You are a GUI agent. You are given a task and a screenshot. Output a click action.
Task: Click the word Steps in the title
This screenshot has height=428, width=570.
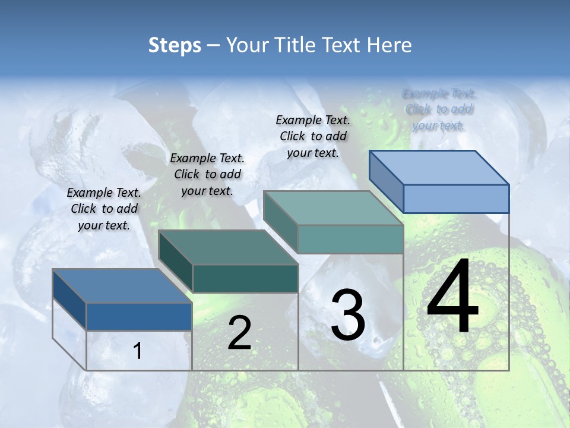click(175, 45)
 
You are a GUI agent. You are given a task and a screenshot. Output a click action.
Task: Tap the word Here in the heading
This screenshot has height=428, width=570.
click(389, 45)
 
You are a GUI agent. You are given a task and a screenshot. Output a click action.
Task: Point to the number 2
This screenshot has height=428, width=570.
click(239, 333)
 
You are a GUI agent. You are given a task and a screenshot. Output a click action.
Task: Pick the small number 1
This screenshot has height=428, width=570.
click(138, 351)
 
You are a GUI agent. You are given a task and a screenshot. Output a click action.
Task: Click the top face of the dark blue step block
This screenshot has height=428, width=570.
click(122, 286)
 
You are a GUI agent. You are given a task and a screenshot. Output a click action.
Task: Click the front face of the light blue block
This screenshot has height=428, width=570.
click(456, 199)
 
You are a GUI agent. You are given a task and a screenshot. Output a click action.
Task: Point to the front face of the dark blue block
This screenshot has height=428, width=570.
click(139, 316)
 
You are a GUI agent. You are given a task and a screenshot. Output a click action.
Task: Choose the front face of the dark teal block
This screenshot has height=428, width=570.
click(245, 278)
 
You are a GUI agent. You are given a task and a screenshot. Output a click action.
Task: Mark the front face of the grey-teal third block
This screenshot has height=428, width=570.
click(350, 239)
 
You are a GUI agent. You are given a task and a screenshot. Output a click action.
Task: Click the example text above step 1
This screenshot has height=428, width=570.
click(104, 209)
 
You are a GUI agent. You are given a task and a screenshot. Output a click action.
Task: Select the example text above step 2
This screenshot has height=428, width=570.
click(207, 174)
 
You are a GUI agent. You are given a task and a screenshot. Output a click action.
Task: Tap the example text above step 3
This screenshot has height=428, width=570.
click(313, 136)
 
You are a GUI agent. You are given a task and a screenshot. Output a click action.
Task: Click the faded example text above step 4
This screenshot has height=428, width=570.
click(439, 109)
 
